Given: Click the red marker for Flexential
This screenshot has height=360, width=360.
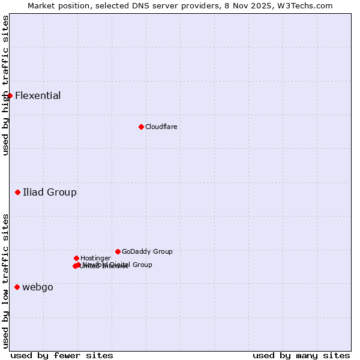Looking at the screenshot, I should (10, 95).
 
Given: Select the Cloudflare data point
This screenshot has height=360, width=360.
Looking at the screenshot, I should (141, 127).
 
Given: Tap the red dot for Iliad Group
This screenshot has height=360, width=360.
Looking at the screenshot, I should (17, 192).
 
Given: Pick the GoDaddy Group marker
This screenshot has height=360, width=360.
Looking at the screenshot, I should (118, 251).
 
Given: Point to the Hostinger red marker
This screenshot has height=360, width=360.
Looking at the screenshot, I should (76, 258).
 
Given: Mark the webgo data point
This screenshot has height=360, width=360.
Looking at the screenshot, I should (17, 287).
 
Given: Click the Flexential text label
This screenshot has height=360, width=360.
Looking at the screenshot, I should (38, 95).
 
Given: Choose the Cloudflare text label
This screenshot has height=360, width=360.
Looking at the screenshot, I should (161, 127).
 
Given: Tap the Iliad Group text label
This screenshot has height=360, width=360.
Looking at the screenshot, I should (49, 192).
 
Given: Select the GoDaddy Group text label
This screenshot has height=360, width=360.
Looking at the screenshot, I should (147, 251).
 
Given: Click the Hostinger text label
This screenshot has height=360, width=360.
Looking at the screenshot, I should (95, 258).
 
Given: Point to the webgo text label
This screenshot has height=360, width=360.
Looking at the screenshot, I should (38, 287).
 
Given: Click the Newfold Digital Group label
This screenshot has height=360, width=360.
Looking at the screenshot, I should (118, 265).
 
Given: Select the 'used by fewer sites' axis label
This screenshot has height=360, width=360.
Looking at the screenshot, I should (62, 355).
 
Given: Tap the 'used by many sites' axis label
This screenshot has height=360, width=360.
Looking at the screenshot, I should (301, 355).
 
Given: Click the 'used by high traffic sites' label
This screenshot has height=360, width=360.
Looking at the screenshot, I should (5, 85).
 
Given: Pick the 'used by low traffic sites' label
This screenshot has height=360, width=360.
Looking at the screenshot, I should (5, 280).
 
